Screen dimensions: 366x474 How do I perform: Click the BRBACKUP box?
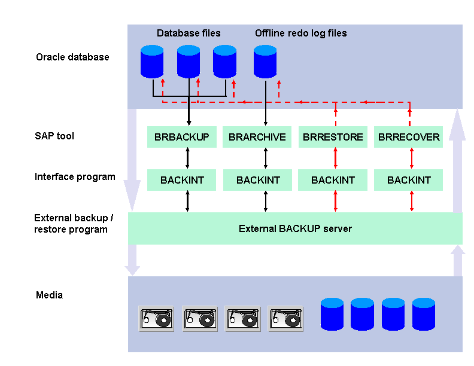click(181, 137)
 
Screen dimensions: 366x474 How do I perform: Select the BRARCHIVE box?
click(257, 137)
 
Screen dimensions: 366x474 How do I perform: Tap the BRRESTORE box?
click(333, 137)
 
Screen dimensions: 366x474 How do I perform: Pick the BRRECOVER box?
click(409, 137)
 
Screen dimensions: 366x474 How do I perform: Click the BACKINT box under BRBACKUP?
click(181, 180)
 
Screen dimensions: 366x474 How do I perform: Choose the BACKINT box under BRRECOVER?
click(409, 180)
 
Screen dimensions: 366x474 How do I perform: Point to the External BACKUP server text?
click(295, 228)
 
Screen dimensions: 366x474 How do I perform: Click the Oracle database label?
click(72, 57)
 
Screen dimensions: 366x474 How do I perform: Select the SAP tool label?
click(54, 136)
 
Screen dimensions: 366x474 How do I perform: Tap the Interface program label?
click(75, 177)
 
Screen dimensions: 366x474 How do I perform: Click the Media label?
click(49, 295)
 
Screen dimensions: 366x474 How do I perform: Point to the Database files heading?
click(189, 33)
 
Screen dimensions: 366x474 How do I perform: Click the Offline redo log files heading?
click(300, 33)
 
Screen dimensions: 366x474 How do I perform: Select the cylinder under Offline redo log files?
click(265, 62)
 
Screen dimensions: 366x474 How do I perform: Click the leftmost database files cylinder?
click(152, 62)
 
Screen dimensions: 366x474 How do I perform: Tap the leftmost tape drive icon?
click(156, 319)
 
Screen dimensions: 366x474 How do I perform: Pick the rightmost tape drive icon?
click(285, 319)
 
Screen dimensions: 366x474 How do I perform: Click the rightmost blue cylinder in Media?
click(423, 314)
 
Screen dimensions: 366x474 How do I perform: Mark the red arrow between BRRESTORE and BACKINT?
click(335, 158)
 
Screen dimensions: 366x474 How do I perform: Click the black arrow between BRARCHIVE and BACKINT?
click(265, 158)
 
